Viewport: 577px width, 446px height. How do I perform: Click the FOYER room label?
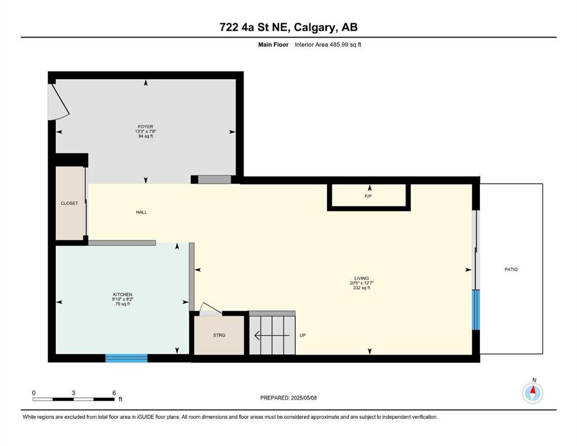[x=146, y=127]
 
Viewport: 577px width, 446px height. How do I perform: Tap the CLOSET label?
[x=70, y=203]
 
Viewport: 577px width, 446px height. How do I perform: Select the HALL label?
[x=142, y=212]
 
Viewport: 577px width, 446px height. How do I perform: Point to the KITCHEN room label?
[x=123, y=294]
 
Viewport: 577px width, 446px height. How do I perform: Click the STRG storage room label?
[x=219, y=335]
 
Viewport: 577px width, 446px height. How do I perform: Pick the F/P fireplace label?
[x=368, y=196]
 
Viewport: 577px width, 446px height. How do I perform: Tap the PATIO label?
[x=511, y=269]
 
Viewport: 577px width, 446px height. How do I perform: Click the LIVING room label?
[x=362, y=278]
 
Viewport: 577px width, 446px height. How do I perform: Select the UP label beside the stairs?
[x=303, y=335]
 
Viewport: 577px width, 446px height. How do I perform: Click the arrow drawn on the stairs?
[x=272, y=335]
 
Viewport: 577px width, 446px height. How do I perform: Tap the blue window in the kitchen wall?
[x=127, y=358]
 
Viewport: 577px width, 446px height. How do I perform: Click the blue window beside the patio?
[x=476, y=310]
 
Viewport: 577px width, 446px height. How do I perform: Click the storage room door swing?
[x=210, y=310]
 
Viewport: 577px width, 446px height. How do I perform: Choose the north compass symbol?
[x=532, y=393]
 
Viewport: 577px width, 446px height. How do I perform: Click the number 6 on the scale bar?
[x=114, y=393]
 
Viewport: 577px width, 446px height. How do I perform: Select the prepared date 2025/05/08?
[x=303, y=398]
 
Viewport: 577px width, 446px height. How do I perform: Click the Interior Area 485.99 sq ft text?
[x=328, y=45]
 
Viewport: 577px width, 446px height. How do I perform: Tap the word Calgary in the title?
[x=315, y=27]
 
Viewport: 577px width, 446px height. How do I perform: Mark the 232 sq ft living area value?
[x=362, y=288]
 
